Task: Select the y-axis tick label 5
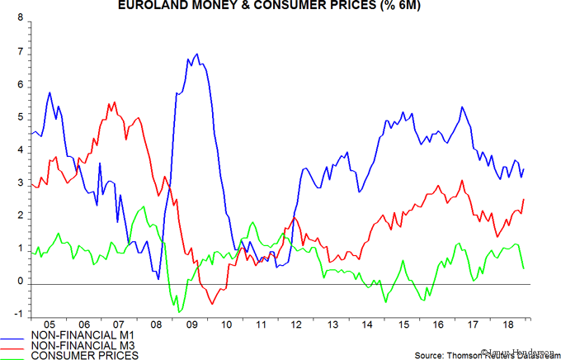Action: (20, 118)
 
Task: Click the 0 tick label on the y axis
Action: (20, 282)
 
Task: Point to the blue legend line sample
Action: (17, 339)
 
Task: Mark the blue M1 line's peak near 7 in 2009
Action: (196, 54)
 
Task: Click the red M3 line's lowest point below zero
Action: (212, 304)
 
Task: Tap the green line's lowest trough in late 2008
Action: (178, 312)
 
